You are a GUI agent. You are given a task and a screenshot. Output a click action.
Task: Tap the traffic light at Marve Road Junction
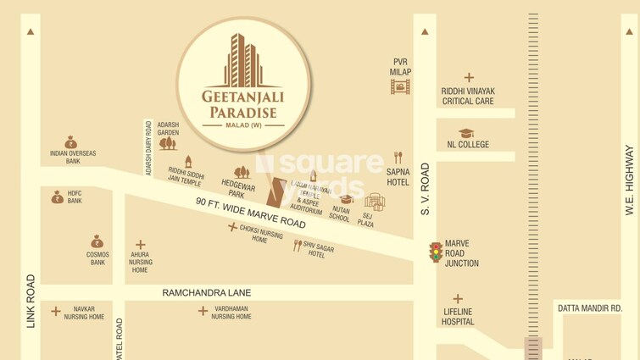[x=436, y=252]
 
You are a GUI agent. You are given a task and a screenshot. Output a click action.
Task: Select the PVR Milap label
[x=400, y=67]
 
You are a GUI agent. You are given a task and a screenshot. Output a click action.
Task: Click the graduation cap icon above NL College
[x=466, y=133]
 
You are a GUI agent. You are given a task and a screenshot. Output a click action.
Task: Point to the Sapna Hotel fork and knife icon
[x=398, y=158]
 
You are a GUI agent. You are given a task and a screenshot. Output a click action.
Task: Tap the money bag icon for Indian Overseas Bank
[x=71, y=142]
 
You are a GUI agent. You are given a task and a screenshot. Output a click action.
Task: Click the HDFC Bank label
[x=75, y=197]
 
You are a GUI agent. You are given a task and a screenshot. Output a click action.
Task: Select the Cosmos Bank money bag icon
[x=97, y=242]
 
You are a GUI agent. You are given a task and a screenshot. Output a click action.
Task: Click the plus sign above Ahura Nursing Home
[x=141, y=245]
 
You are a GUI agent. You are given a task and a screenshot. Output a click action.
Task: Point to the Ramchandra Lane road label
[x=207, y=293]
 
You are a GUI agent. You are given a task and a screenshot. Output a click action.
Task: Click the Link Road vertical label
[x=31, y=301]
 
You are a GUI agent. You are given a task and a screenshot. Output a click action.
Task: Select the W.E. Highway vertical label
[x=629, y=180]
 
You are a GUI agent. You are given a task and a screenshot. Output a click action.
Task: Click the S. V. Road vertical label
[x=425, y=189]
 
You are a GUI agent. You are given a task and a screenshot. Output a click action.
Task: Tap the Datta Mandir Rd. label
[x=590, y=308]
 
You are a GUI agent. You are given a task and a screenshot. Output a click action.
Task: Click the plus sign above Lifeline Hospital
[x=458, y=298]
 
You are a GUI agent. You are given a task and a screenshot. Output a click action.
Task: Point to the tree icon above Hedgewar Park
[x=242, y=172]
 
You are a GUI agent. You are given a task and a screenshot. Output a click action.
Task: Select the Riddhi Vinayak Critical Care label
[x=468, y=97]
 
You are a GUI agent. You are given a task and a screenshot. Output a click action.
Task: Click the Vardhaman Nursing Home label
[x=231, y=313]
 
